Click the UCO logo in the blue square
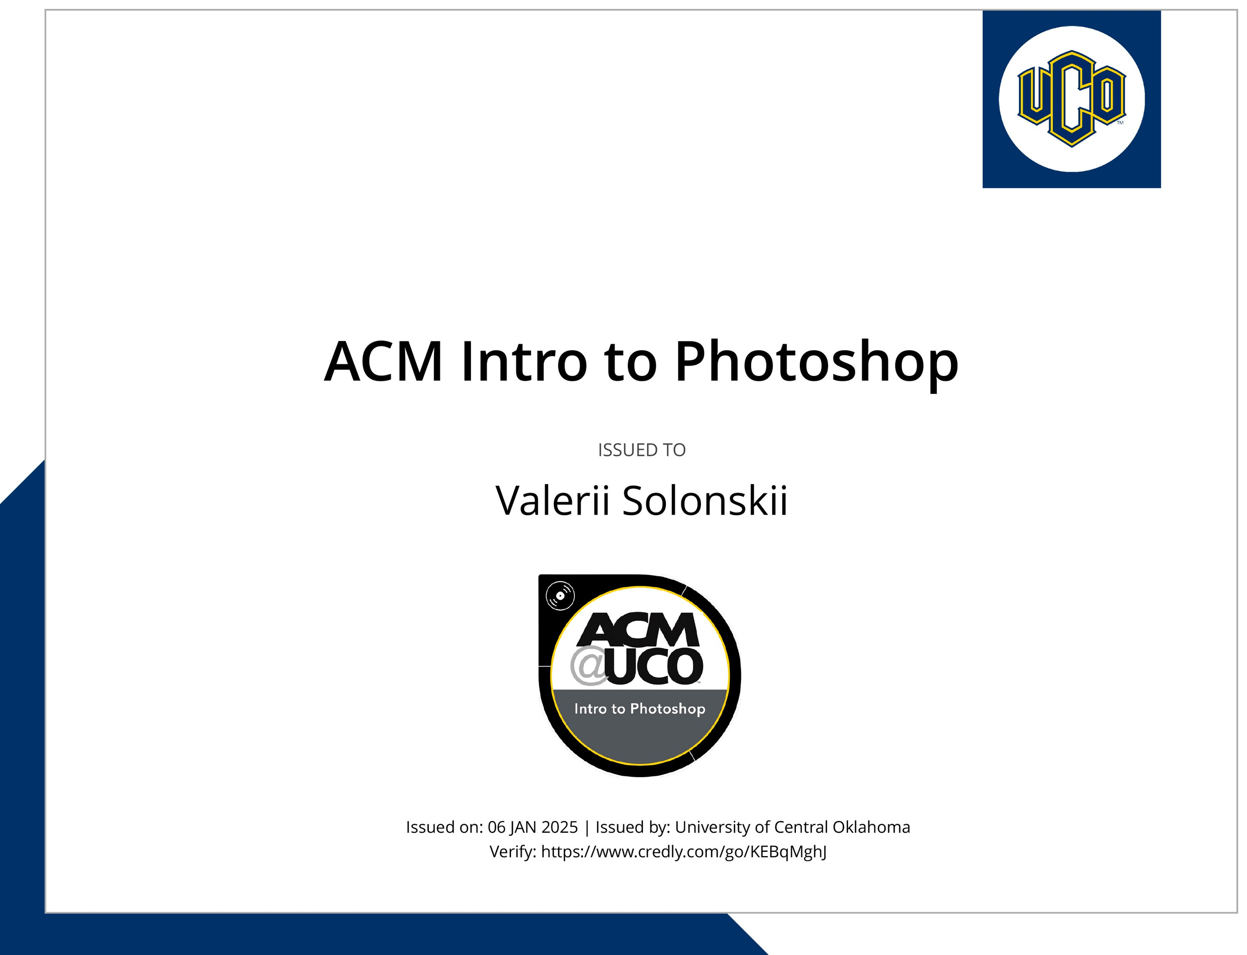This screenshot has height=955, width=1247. coord(1071,98)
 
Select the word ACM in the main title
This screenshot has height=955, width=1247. coord(383,361)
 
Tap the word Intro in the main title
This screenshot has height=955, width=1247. coord(524,361)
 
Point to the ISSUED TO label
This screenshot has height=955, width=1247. coord(642,449)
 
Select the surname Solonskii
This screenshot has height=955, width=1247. coord(705,501)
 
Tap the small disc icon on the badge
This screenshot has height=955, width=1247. coord(560,596)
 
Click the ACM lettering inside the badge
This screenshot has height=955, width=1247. coord(638,630)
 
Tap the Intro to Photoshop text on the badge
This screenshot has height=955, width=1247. coord(640,709)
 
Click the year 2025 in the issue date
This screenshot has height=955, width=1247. coord(560,827)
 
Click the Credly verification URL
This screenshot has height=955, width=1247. coord(684,852)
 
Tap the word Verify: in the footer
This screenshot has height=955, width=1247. coord(513,852)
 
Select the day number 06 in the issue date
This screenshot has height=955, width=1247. coord(496,827)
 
